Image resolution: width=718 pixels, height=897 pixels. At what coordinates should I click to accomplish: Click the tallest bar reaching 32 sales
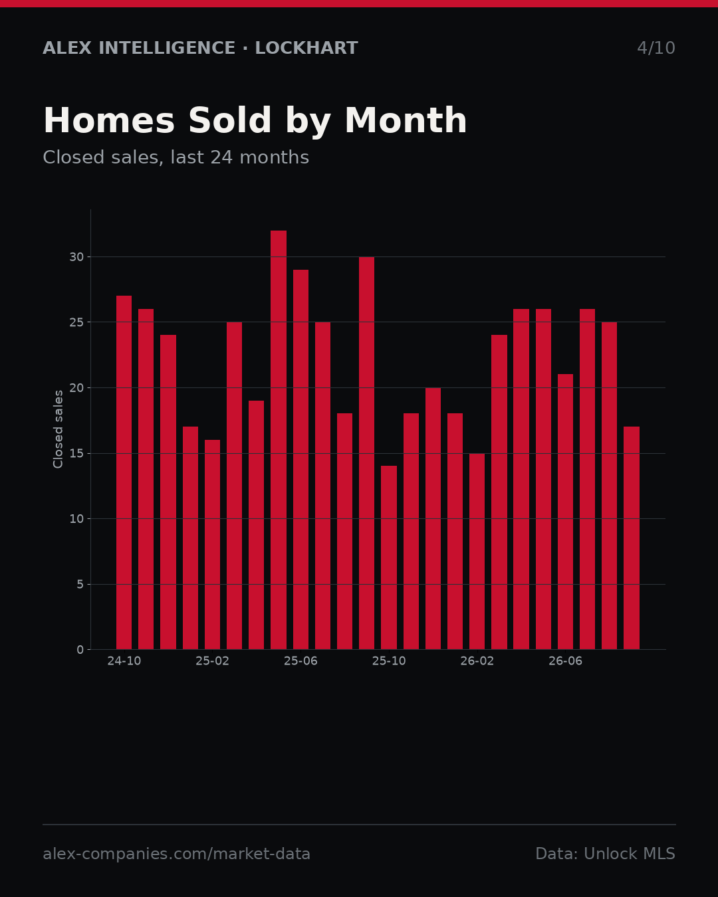pos(279,440)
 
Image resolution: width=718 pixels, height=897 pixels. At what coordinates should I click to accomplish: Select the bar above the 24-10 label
pos(124,472)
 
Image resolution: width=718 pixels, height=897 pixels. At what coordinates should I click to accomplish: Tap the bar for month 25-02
pos(212,544)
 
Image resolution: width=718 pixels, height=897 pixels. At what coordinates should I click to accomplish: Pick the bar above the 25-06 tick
pos(300,459)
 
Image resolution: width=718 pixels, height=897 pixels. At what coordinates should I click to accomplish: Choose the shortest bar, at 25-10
pos(389,557)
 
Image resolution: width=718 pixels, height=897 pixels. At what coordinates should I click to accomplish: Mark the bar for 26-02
pos(477,551)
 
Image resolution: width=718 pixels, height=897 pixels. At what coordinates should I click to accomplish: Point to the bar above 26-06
pos(565,512)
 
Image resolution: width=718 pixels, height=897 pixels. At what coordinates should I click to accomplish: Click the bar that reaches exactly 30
pos(367,452)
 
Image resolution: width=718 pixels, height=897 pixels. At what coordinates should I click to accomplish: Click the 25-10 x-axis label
pos(389,661)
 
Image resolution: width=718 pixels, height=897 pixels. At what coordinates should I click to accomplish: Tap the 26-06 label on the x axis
pos(565,661)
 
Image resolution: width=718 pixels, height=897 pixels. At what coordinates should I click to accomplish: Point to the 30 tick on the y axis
pos(76,257)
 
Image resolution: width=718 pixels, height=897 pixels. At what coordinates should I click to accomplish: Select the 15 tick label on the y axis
pos(76,454)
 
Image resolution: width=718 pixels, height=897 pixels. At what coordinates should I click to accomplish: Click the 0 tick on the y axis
pos(80,650)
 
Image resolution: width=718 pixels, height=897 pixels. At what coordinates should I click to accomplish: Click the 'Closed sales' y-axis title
pos(58,429)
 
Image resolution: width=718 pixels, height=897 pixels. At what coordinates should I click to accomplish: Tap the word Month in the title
pos(406,120)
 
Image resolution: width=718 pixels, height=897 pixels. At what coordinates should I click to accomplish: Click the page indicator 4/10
pos(656,48)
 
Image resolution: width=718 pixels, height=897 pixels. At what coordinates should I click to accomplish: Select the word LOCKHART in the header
pos(306,48)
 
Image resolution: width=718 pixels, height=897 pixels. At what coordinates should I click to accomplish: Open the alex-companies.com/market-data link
pos(176,854)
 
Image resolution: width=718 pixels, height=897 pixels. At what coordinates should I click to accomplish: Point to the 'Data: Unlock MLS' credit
pos(606,854)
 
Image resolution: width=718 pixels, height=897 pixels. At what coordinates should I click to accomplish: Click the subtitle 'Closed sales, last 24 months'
pos(176,157)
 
